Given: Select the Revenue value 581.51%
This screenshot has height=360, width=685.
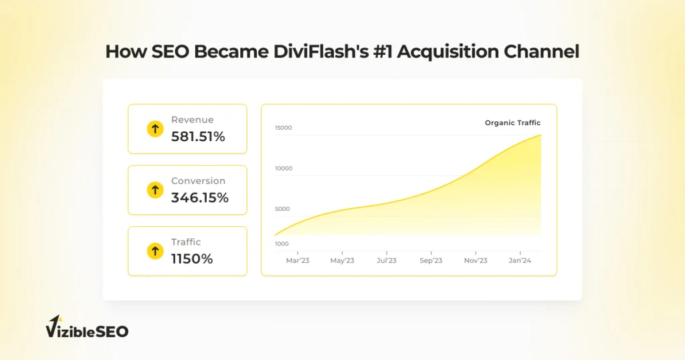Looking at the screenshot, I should tap(198, 137).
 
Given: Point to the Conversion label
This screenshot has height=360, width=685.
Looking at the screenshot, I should tap(198, 181).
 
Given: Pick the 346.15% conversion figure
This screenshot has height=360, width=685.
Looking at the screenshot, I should tap(199, 197).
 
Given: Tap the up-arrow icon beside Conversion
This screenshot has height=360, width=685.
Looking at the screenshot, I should tap(155, 190).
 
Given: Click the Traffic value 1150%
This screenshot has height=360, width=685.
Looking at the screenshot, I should tap(191, 259).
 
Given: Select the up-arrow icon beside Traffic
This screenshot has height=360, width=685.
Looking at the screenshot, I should tap(155, 252).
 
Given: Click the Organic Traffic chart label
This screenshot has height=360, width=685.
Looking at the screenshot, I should tap(512, 122).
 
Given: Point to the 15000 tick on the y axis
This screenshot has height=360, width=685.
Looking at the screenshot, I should tap(284, 128).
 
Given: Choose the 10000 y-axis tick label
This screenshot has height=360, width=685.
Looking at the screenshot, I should tap(284, 169).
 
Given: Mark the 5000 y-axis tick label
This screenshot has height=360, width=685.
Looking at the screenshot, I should tap(282, 209).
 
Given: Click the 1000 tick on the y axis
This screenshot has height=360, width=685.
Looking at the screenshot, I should tap(282, 244).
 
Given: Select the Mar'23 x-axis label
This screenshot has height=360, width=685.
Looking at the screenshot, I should tap(298, 260).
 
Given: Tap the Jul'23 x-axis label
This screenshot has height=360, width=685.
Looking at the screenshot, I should tap(387, 260).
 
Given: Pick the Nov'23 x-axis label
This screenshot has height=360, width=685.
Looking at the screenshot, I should tap(476, 260).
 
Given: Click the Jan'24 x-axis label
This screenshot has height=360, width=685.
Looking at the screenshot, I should tap(520, 260).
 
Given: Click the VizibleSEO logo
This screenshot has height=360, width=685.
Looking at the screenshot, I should tap(87, 329).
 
